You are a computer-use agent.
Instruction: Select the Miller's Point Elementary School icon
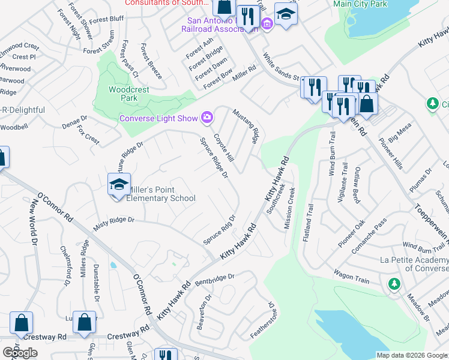tap(119, 184)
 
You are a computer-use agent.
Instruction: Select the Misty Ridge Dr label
tap(114, 223)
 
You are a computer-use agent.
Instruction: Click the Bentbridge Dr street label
tap(214, 278)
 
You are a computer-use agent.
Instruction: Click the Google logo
tap(20, 353)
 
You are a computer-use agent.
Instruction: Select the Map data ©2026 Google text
tap(412, 355)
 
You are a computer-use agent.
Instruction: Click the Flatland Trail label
tap(308, 223)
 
